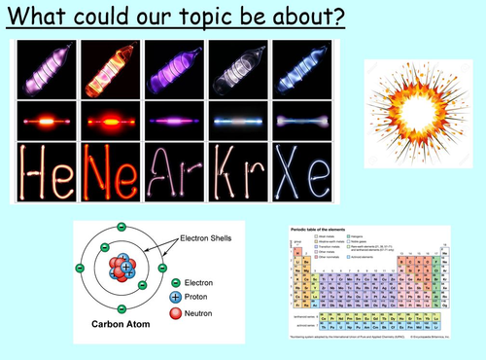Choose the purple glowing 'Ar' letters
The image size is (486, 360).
click(173, 172)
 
